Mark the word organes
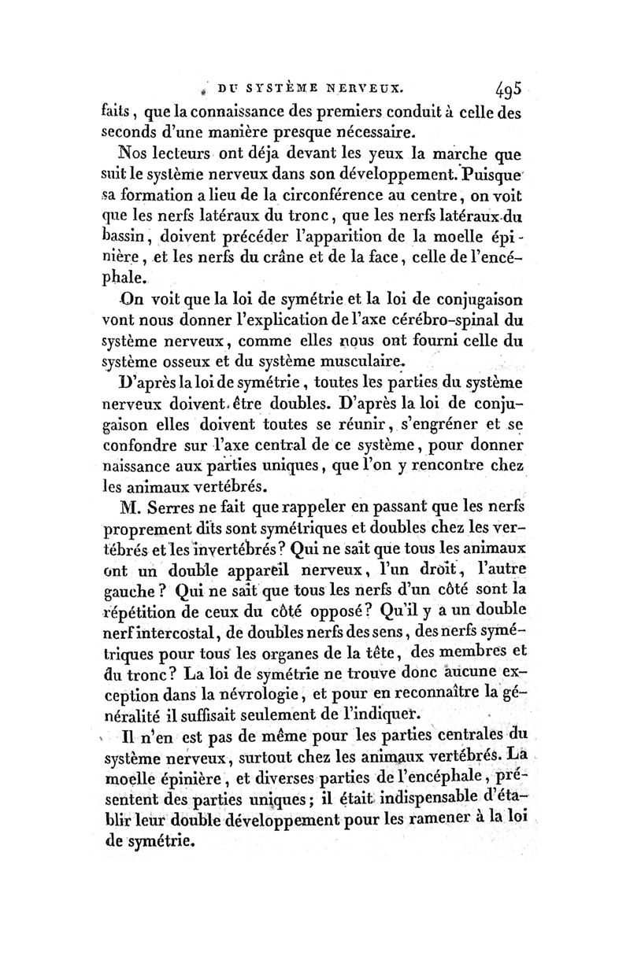point(292,650)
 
